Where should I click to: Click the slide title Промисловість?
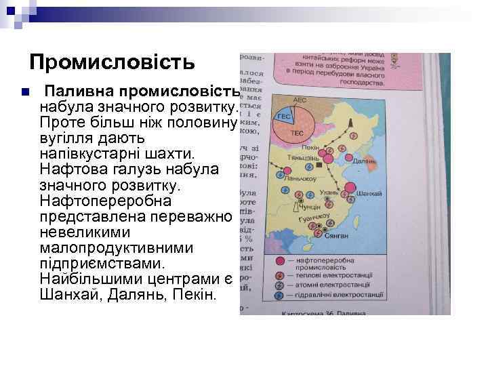[112, 62]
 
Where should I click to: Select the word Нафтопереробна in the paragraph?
[106, 201]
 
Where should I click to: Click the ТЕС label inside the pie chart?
[297, 134]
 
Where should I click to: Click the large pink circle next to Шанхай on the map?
[351, 188]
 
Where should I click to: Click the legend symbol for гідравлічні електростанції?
[279, 296]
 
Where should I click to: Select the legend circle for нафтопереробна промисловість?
[279, 260]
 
